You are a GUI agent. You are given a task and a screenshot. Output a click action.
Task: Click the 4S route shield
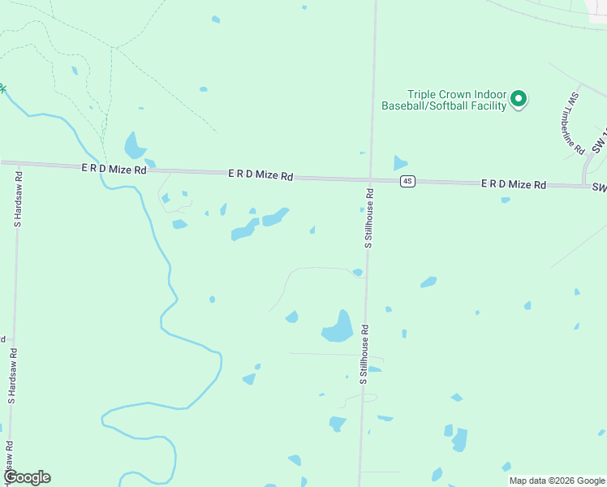407,181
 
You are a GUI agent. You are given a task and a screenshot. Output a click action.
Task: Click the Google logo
27,477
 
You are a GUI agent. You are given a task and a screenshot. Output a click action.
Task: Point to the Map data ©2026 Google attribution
557,481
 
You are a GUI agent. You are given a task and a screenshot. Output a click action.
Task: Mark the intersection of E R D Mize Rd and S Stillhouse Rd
370,179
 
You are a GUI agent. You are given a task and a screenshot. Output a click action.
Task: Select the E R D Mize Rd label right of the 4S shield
513,184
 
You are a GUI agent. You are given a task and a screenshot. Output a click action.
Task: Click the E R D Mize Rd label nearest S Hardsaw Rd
114,170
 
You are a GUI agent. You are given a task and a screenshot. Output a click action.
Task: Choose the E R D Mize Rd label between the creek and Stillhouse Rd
260,175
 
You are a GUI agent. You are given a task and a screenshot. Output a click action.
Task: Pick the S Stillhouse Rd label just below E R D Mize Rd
368,218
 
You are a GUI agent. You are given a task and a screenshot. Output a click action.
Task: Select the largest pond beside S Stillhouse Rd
338,327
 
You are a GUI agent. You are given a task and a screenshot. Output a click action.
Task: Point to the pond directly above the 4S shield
399,162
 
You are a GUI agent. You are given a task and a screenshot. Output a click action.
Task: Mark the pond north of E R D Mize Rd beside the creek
134,146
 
